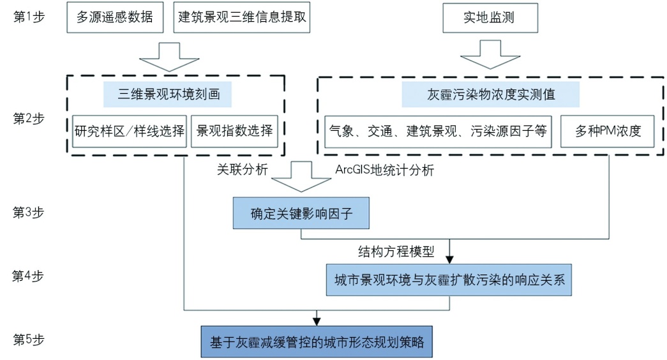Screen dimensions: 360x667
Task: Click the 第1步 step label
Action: (29, 17)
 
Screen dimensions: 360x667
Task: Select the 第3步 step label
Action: (29, 211)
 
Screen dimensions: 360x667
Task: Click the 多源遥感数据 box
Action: (115, 18)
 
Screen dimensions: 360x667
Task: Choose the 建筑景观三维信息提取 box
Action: (242, 18)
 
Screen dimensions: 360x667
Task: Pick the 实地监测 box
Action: (488, 19)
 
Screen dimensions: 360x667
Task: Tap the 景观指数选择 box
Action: (235, 131)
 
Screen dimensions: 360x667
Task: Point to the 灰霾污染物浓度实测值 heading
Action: (490, 94)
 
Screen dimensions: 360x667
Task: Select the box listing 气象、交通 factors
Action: (438, 132)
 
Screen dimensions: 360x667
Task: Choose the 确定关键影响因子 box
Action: (301, 212)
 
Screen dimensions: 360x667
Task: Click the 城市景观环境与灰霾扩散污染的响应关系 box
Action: (449, 280)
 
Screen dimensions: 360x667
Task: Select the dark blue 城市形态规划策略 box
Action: (317, 341)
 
